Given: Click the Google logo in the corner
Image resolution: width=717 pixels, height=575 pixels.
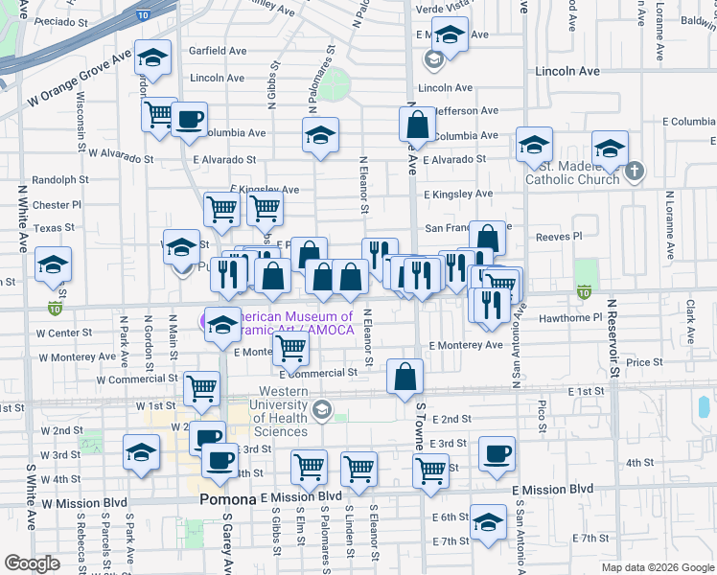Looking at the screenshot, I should [33, 563].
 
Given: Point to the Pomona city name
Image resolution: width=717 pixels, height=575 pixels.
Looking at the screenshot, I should [228, 500].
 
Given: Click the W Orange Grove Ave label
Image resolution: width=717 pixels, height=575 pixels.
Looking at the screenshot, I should [79, 80].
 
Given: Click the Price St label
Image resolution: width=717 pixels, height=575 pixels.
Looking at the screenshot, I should [643, 362].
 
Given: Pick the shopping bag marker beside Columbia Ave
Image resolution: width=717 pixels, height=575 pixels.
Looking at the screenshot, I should [417, 125].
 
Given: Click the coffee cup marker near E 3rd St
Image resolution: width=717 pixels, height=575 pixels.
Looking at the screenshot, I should [496, 453].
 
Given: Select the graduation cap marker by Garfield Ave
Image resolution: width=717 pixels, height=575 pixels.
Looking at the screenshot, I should [152, 57].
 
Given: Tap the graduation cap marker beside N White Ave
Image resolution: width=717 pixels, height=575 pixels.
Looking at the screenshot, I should [53, 264].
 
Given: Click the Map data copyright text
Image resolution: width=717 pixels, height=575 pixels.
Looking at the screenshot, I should [658, 567].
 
